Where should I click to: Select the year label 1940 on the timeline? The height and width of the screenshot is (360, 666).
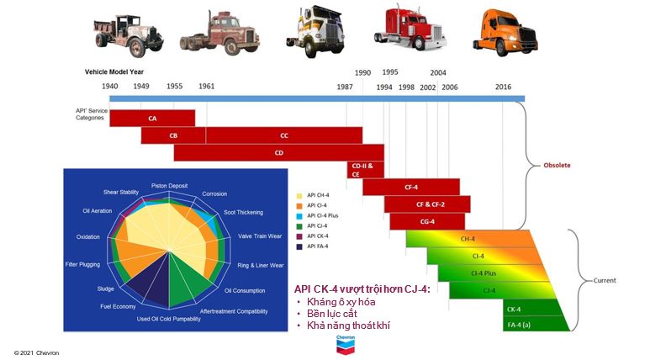[x=110, y=86]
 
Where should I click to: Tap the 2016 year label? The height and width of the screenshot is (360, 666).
[x=503, y=86]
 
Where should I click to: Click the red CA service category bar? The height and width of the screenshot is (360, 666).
[x=151, y=118]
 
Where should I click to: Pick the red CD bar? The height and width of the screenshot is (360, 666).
[x=278, y=152]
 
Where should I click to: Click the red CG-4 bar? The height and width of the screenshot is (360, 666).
[x=426, y=221]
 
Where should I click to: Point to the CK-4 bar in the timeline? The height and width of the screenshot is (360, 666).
[x=513, y=308]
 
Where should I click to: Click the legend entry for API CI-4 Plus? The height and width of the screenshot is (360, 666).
[x=324, y=215]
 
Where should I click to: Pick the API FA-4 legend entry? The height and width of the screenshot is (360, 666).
[x=319, y=247]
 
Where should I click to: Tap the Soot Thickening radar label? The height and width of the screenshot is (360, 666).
[x=241, y=213]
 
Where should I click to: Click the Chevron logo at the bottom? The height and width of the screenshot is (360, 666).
[x=346, y=343]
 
